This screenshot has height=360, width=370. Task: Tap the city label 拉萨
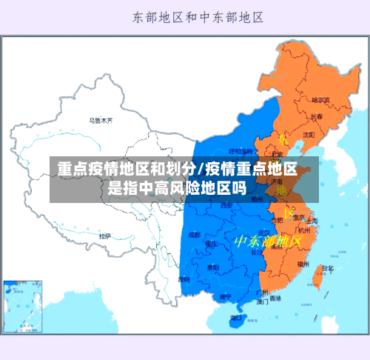(x=105, y=236)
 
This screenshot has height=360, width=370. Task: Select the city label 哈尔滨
(x=320, y=99)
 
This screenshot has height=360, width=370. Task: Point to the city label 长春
(x=316, y=117)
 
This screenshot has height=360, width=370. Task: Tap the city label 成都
(x=194, y=235)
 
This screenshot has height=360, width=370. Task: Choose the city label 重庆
(x=212, y=244)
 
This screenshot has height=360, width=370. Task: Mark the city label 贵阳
(x=213, y=267)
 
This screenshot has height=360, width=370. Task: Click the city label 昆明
(x=184, y=280)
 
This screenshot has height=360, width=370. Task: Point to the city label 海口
(x=235, y=317)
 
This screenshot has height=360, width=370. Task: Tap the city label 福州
(x=303, y=263)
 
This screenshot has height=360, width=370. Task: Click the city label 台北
(x=328, y=268)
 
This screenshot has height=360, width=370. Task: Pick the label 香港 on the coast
(x=275, y=299)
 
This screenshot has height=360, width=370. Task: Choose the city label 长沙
(x=257, y=252)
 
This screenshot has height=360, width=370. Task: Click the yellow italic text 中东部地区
(x=268, y=241)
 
